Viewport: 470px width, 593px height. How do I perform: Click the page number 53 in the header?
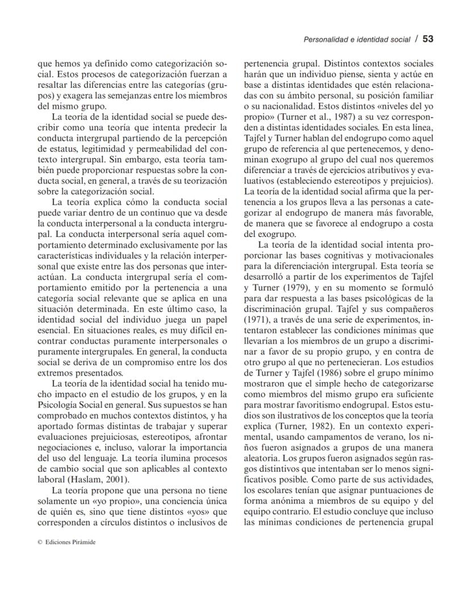tap(428, 39)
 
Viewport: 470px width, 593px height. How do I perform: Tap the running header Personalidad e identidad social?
tap(357, 40)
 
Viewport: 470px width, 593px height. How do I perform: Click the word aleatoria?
tap(263, 458)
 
